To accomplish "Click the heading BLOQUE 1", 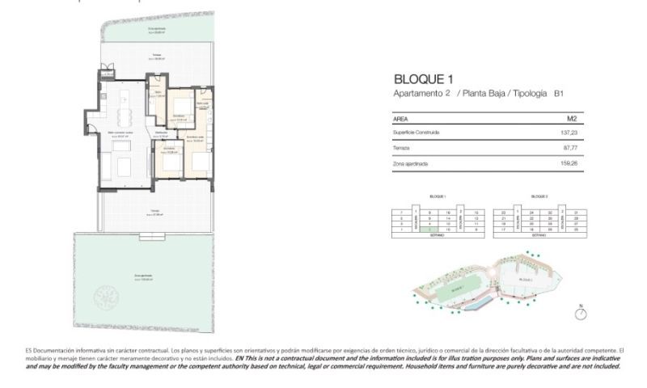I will click(421, 79).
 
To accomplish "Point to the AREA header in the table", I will click(400, 118).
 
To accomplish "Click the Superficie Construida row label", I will click(416, 132).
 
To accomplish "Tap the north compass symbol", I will click(580, 313).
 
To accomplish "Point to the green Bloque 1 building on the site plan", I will click(458, 286).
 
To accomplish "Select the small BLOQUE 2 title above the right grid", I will click(539, 196).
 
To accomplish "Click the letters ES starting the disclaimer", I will click(30, 349).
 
